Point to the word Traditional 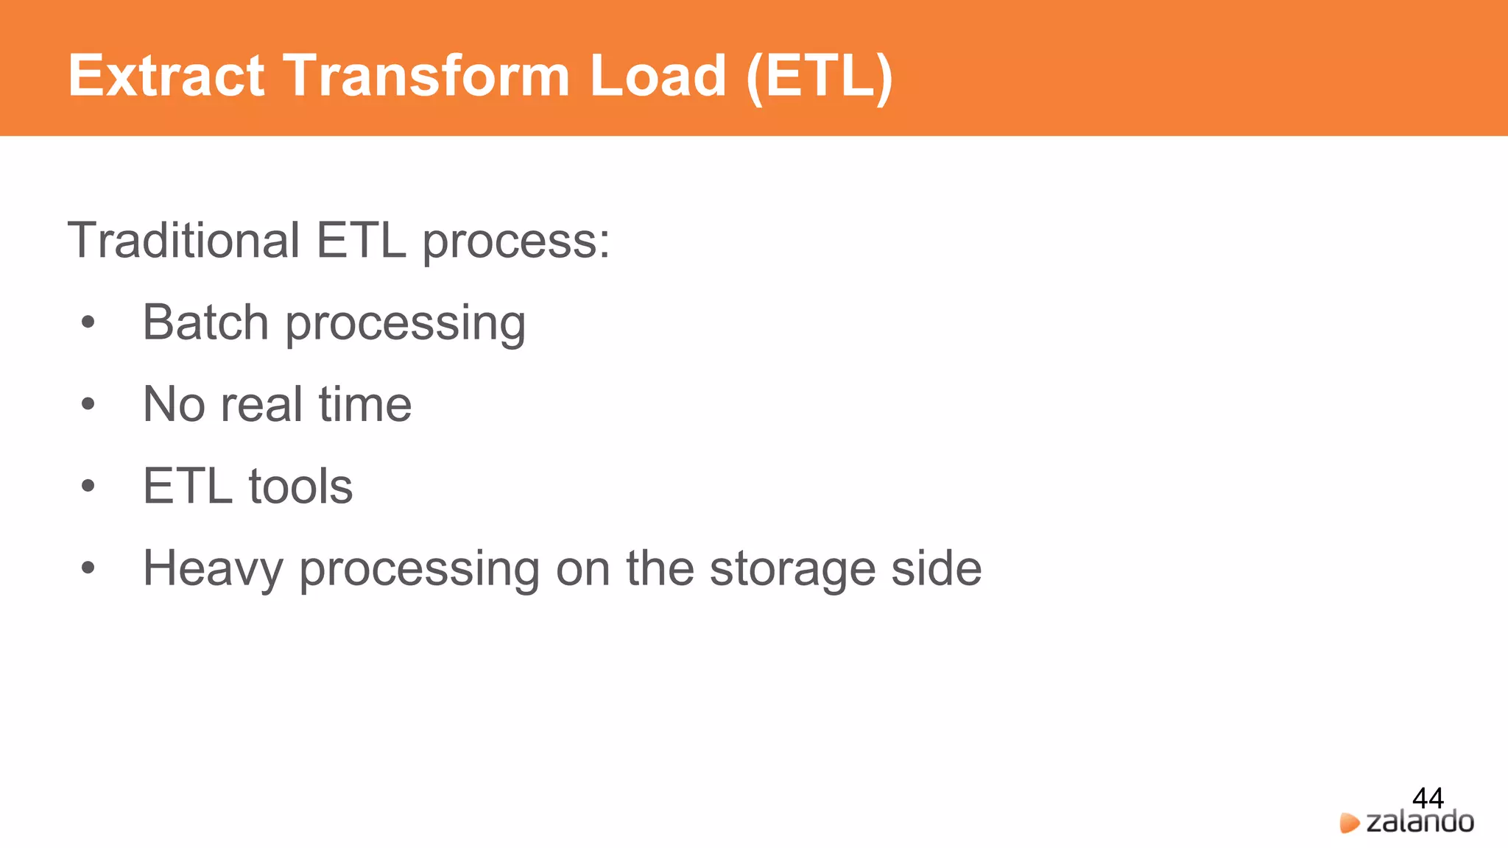point(183,240)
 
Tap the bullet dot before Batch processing point(88,322)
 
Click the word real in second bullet point(261,404)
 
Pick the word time point(364,404)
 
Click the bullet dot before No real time point(88,404)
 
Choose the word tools point(300,487)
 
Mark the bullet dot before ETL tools point(88,486)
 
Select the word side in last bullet point(936,568)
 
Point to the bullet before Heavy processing point(88,568)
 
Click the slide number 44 point(1428,798)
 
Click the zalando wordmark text point(1420,821)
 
